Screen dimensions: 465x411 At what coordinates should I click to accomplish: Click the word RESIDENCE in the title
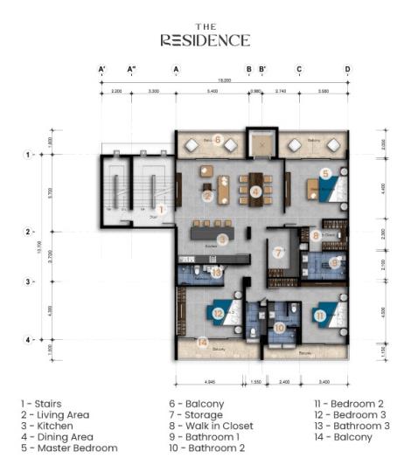pos(205,40)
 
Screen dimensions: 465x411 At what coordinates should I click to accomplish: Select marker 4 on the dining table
pos(255,191)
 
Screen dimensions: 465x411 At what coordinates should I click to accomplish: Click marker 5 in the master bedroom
pos(324,174)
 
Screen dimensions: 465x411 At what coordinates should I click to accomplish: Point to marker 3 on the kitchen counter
pos(223,239)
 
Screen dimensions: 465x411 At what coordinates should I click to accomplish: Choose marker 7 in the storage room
pos(279,253)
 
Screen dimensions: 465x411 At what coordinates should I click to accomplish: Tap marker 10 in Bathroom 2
pos(279,328)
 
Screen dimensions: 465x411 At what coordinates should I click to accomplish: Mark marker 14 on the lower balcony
pos(203,344)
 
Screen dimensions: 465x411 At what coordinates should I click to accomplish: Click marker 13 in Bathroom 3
pos(216,271)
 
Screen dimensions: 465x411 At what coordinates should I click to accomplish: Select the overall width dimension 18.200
pos(225,80)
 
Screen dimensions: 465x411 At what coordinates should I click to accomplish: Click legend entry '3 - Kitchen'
pos(47,427)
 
